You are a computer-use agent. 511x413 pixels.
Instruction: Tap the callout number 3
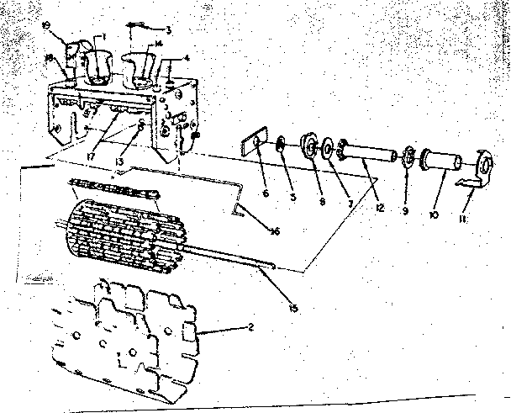(169, 30)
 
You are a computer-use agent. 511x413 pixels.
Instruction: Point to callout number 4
(187, 58)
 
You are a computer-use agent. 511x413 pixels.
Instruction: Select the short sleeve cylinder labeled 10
(441, 159)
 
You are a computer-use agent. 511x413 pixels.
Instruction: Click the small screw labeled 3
(140, 29)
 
